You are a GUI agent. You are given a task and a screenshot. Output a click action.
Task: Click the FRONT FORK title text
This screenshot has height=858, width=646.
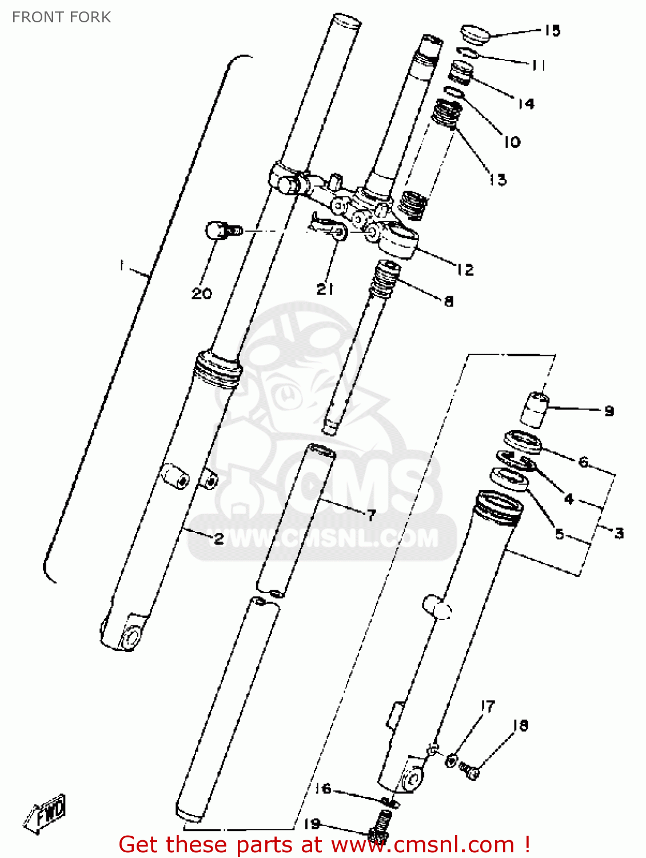pyautogui.click(x=61, y=17)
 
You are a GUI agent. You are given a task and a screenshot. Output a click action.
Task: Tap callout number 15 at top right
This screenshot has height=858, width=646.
pyautogui.click(x=552, y=30)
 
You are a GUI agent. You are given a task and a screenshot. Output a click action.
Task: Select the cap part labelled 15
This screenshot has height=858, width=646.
pyautogui.click(x=474, y=34)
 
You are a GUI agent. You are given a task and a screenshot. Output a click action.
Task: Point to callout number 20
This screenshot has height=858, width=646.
pyautogui.click(x=201, y=293)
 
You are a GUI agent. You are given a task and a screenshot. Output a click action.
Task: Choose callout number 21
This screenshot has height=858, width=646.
pyautogui.click(x=325, y=289)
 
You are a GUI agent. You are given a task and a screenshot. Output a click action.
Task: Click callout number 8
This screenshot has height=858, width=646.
pyautogui.click(x=449, y=301)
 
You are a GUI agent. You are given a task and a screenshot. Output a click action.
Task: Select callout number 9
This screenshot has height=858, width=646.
pyautogui.click(x=609, y=411)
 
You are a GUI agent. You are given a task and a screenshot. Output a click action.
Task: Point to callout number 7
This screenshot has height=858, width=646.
pyautogui.click(x=372, y=515)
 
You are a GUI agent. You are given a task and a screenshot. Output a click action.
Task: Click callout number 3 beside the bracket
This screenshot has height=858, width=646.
pyautogui.click(x=619, y=533)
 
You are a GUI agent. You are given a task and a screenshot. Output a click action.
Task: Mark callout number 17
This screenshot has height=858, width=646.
pyautogui.click(x=487, y=707)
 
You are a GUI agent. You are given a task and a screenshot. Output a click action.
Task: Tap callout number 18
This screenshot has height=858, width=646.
pyautogui.click(x=520, y=725)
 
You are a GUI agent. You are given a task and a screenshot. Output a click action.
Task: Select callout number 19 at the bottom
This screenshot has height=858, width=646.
pyautogui.click(x=312, y=824)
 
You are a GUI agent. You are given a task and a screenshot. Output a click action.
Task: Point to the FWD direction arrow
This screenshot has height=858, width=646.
pyautogui.click(x=47, y=812)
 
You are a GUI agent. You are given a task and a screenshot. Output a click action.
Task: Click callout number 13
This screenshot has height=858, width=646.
pyautogui.click(x=498, y=180)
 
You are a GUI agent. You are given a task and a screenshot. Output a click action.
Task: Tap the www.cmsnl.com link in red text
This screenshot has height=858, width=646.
pyautogui.click(x=422, y=845)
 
